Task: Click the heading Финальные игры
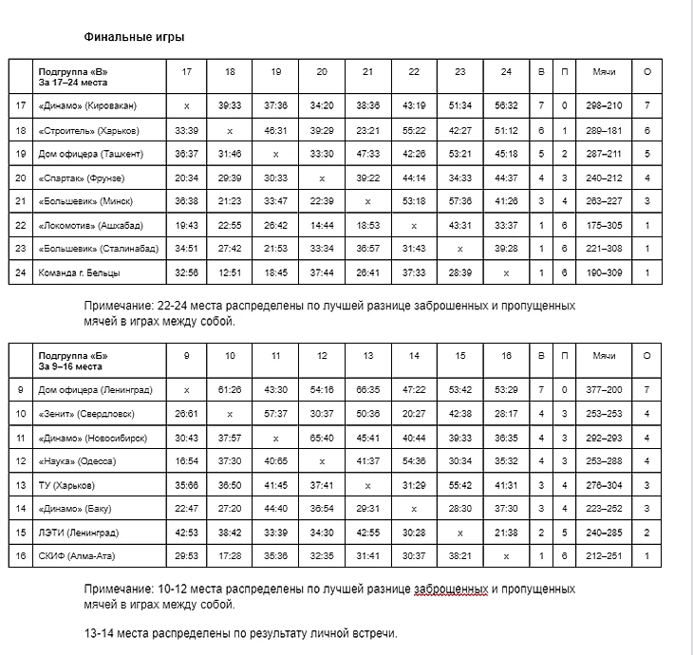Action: click(133, 37)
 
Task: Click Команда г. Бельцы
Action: click(78, 272)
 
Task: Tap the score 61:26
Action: click(231, 389)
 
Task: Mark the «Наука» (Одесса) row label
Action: click(80, 460)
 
